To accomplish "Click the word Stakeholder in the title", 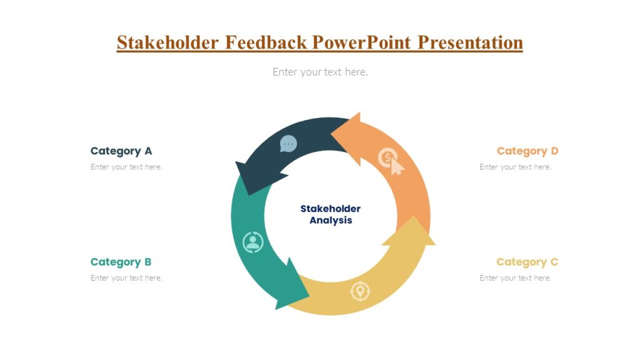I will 167,42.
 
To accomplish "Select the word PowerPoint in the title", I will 361,42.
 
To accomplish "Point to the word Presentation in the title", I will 470,42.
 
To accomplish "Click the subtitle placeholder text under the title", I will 320,72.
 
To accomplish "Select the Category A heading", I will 121,151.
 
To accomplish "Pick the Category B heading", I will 121,262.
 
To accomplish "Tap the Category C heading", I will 527,262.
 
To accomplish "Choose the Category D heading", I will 527,151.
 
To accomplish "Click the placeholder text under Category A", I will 126,167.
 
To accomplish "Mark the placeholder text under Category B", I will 126,278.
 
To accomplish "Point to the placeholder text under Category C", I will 515,278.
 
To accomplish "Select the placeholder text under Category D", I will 515,167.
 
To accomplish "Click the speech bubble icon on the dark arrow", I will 288,144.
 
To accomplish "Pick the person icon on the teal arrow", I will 253,242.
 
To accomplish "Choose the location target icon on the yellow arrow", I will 360,291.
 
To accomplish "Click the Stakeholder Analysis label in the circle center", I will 331,214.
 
